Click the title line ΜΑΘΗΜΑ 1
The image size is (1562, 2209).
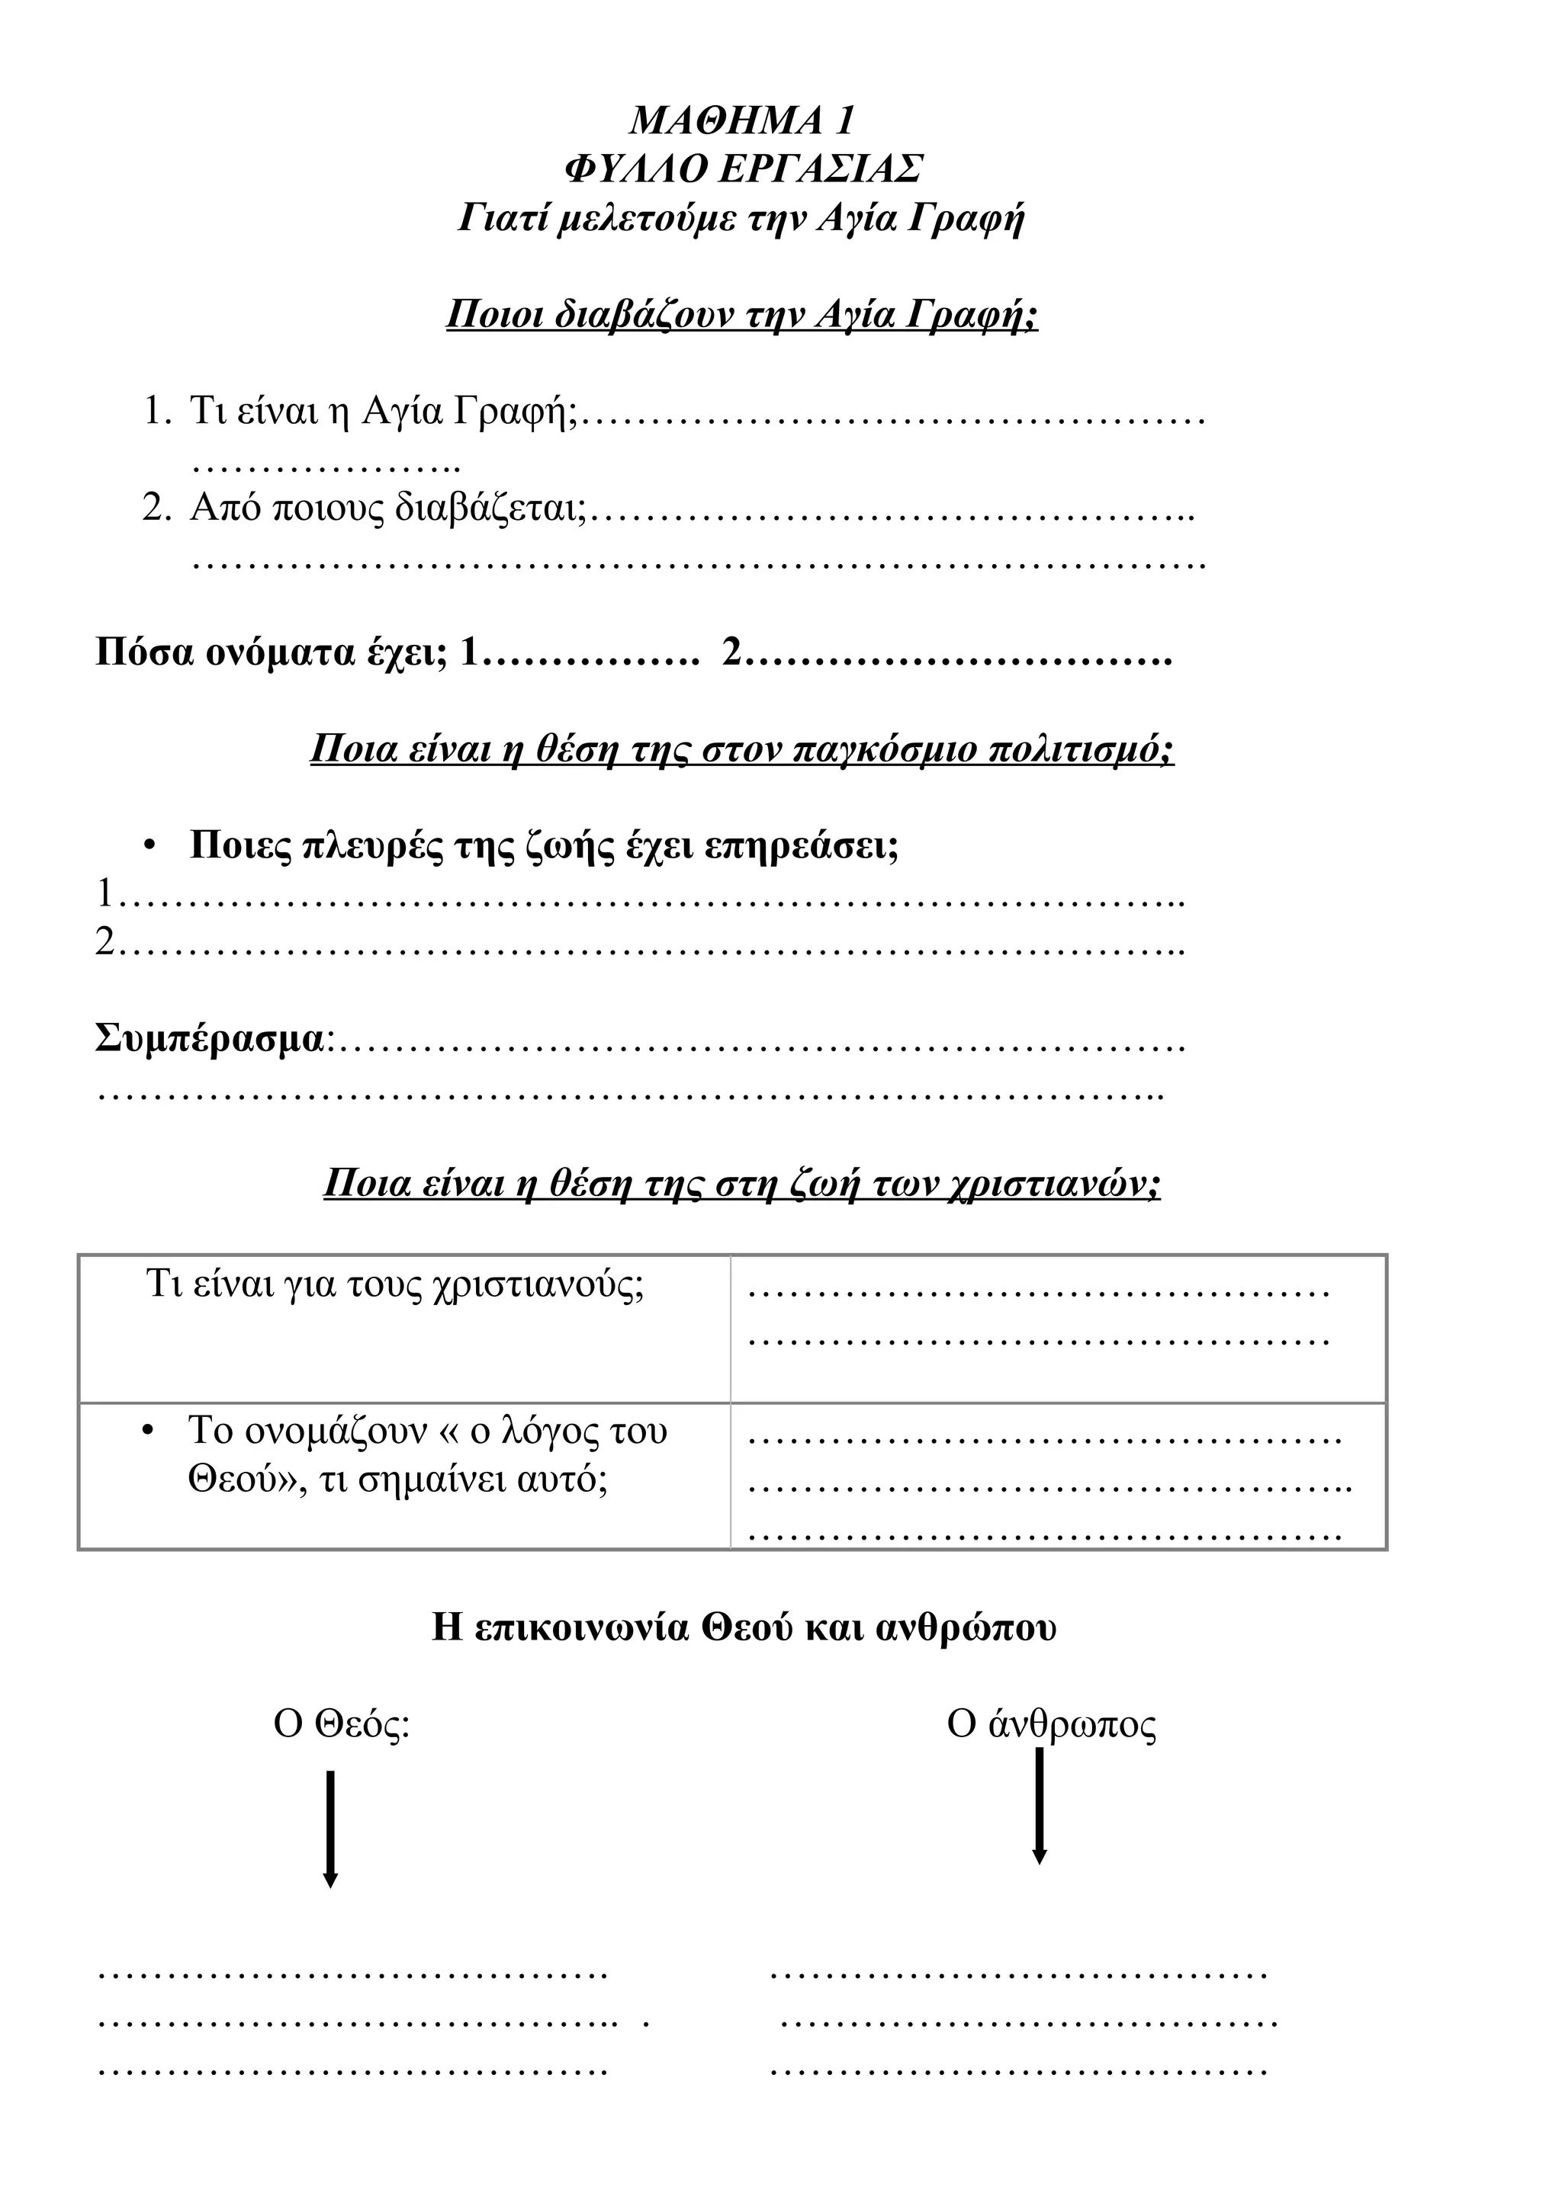(742, 121)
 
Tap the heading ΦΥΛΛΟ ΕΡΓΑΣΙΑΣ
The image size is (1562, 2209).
(742, 169)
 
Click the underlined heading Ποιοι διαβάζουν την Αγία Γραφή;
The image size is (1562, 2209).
(742, 315)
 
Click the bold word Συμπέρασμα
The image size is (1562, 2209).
(211, 1039)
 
